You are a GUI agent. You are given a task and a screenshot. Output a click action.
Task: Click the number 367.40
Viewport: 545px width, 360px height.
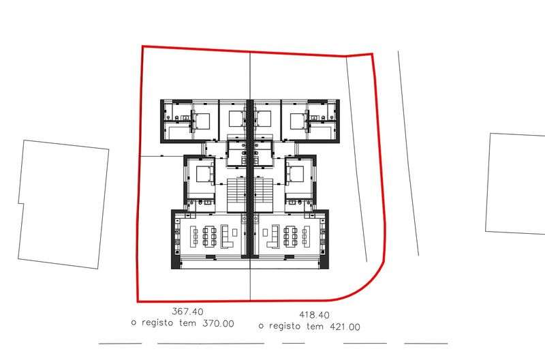coord(188,312)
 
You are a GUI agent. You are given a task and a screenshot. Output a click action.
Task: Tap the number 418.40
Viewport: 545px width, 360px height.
coord(314,315)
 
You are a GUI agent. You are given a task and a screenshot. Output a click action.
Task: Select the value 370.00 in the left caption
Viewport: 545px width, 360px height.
coord(218,323)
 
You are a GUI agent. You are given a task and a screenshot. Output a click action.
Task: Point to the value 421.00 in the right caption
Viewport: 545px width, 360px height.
coord(345,327)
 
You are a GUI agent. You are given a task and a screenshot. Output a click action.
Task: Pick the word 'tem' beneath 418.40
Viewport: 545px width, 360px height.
coord(315,327)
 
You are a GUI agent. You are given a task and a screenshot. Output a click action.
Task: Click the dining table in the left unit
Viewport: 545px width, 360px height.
coord(210,236)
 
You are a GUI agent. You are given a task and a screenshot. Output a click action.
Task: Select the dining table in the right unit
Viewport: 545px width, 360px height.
coord(291,236)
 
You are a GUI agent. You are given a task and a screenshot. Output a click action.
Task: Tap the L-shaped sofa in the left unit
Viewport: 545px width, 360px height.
coord(226,236)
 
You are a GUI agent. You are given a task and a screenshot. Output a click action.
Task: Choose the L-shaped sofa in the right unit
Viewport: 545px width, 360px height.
coord(274,236)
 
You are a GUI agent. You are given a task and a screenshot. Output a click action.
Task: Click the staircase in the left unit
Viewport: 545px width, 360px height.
coord(236,195)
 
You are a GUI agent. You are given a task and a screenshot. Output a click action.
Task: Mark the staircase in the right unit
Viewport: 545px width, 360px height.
coord(263,195)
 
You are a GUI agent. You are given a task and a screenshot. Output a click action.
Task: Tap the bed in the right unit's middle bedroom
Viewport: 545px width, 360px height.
coord(296,174)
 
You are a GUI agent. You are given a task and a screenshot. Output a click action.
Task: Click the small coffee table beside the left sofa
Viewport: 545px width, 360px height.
coord(235,232)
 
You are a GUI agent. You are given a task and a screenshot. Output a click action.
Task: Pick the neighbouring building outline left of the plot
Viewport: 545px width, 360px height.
coord(63,204)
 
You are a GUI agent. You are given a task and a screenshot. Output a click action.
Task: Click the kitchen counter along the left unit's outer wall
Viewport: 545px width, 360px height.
coord(178,236)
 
